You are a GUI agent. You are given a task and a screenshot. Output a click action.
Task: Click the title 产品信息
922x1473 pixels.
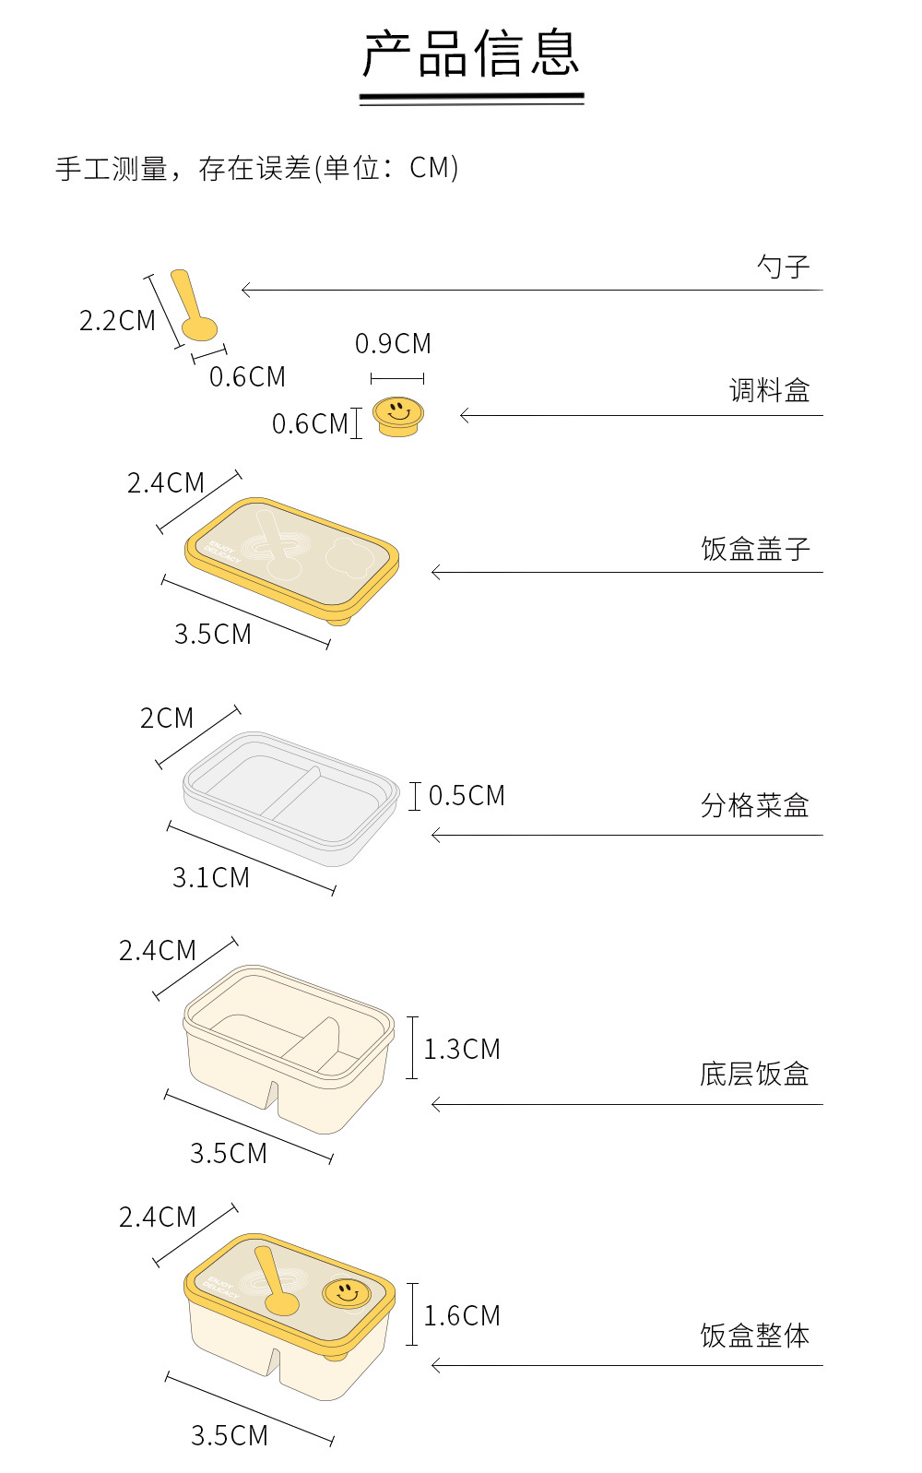[x=471, y=54]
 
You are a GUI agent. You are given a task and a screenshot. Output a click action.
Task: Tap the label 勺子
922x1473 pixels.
[x=783, y=267]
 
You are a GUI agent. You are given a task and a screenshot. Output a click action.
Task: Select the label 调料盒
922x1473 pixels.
[x=769, y=391]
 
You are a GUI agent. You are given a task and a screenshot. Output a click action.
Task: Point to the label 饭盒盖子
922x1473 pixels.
[x=755, y=550]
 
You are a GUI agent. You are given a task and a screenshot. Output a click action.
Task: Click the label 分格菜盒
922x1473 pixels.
[x=754, y=806]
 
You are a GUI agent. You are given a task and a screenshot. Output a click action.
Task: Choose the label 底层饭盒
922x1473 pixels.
[x=754, y=1075]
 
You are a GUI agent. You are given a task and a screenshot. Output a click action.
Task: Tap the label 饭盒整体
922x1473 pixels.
[x=754, y=1336]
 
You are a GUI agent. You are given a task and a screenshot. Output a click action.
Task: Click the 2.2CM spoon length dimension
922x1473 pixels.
[x=117, y=321]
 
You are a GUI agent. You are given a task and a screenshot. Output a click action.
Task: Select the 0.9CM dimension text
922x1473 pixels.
[x=393, y=344]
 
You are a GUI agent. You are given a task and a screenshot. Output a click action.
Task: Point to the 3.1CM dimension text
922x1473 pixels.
[x=211, y=878]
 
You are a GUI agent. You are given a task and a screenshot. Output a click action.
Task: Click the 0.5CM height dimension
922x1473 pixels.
[x=467, y=796]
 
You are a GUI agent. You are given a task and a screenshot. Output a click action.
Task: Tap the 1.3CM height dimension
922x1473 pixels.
[x=461, y=1050]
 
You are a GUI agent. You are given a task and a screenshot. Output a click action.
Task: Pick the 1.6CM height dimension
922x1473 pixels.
[x=461, y=1316]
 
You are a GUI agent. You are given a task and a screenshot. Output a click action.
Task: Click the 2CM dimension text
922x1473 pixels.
[x=167, y=719]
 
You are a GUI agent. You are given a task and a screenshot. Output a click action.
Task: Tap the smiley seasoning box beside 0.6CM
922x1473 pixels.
[x=398, y=415]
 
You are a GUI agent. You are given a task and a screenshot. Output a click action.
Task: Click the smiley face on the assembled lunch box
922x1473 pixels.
[x=347, y=1293]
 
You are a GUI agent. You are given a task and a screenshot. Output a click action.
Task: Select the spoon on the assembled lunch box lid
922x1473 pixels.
[x=275, y=1282]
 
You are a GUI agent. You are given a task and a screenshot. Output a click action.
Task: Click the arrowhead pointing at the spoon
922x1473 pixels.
[x=245, y=290]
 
